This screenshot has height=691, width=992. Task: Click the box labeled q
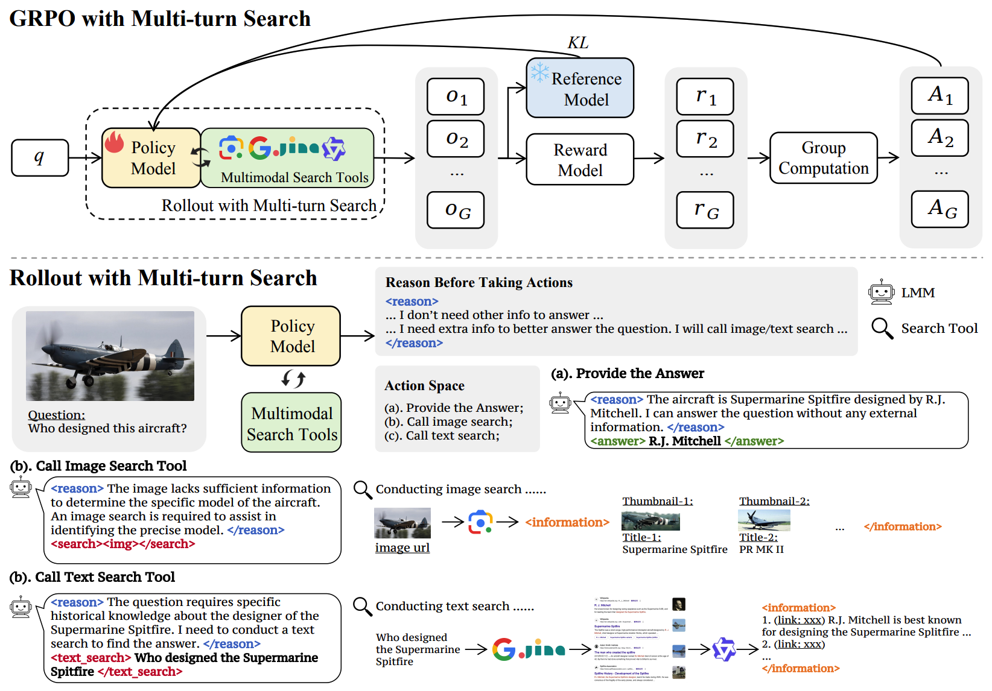pyautogui.click(x=40, y=158)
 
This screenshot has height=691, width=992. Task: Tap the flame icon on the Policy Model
pyautogui.click(x=114, y=142)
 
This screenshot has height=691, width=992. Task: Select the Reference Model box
pyautogui.click(x=580, y=88)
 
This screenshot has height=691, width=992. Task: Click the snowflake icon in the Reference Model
pyautogui.click(x=539, y=73)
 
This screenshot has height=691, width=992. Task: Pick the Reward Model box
pyautogui.click(x=580, y=160)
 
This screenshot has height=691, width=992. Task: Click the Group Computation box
pyautogui.click(x=823, y=158)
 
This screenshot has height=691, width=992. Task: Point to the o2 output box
pyautogui.click(x=456, y=139)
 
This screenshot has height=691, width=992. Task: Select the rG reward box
pyautogui.click(x=705, y=210)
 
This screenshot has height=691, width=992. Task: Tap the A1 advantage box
pyautogui.click(x=940, y=96)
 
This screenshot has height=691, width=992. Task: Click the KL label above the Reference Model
pyautogui.click(x=577, y=43)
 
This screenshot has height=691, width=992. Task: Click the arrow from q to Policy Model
pyautogui.click(x=85, y=158)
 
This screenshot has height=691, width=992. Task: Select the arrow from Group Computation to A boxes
pyautogui.click(x=888, y=158)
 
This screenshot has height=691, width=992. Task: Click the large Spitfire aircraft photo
pyautogui.click(x=110, y=356)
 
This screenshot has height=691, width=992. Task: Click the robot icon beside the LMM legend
pyautogui.click(x=881, y=292)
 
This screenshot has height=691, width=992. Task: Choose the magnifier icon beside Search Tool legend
pyautogui.click(x=882, y=329)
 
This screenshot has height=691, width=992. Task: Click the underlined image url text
pyautogui.click(x=402, y=547)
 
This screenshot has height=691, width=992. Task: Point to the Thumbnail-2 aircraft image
pyautogui.click(x=764, y=520)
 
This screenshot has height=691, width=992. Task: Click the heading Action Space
pyautogui.click(x=424, y=386)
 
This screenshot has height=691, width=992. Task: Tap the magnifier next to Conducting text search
pyautogui.click(x=362, y=606)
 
